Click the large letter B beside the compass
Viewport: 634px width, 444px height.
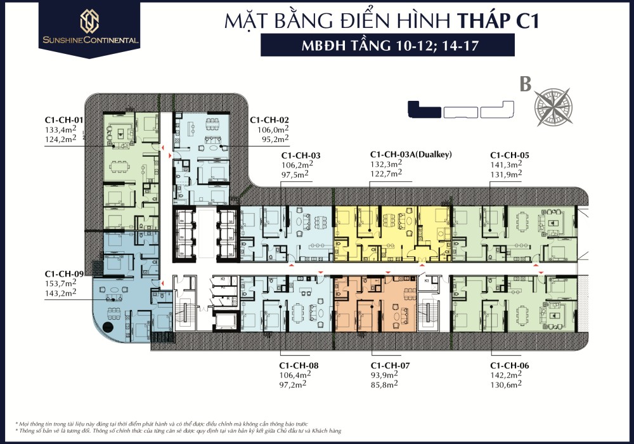(x=525, y=85)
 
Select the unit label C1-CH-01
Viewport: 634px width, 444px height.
(x=65, y=119)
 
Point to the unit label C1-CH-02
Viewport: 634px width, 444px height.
(x=269, y=119)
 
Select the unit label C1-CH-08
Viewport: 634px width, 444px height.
(x=299, y=366)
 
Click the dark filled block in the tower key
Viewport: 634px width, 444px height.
(x=424, y=110)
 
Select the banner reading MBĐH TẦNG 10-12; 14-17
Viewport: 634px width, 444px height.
(x=387, y=46)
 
